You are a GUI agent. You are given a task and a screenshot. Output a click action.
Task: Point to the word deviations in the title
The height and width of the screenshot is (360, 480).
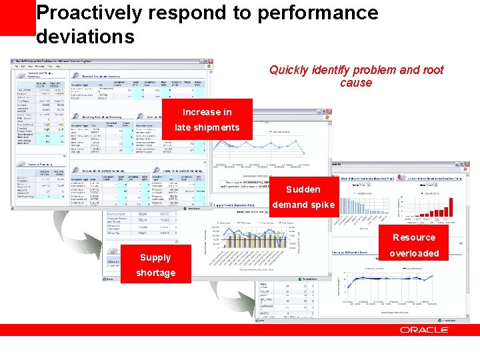point(85,36)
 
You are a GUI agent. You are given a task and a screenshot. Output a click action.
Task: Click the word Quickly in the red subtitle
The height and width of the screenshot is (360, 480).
point(291,70)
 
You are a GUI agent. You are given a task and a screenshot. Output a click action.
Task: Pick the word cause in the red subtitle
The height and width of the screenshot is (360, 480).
point(356,83)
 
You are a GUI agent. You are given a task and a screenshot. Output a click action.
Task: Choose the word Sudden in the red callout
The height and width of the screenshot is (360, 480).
point(303,189)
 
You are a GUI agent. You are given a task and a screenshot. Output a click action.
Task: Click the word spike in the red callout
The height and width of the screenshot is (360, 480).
point(322,205)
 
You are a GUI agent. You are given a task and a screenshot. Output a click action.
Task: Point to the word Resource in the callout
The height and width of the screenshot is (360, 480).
point(414,237)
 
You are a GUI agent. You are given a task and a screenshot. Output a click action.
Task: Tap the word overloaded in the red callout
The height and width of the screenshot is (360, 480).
point(414,253)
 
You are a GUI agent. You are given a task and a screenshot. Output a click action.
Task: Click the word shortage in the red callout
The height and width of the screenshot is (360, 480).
point(155,273)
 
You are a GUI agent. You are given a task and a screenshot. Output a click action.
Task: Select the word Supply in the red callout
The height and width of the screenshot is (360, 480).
point(155,257)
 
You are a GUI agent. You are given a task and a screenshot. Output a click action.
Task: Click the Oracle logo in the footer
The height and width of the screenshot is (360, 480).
point(424,330)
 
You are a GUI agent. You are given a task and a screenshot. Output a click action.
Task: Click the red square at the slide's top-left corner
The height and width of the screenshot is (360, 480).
point(17,17)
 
